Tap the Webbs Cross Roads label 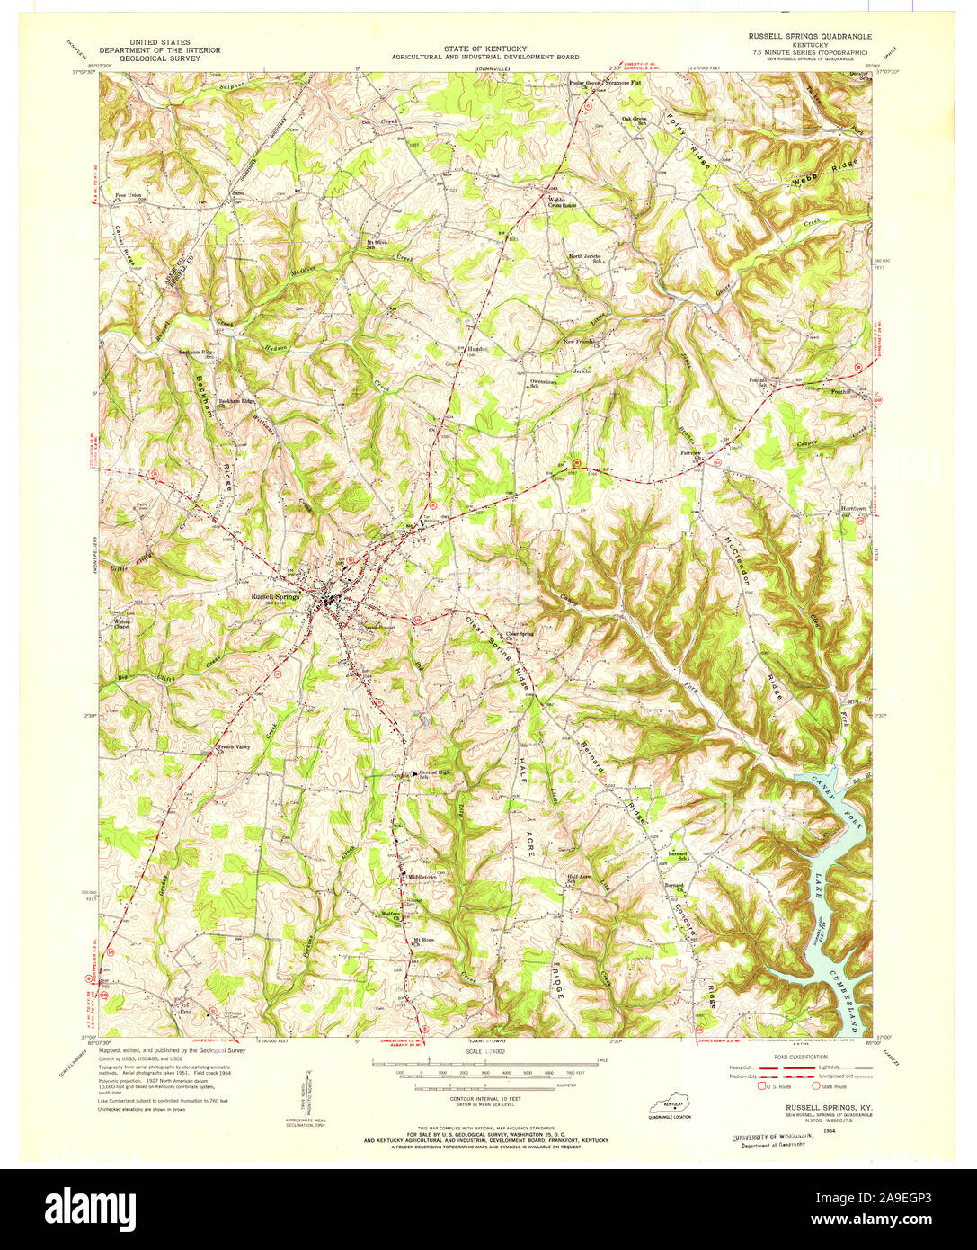pyautogui.click(x=563, y=201)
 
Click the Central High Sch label pyautogui.click(x=435, y=774)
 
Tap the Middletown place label pyautogui.click(x=422, y=876)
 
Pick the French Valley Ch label pyautogui.click(x=233, y=748)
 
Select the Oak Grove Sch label pyautogui.click(x=635, y=120)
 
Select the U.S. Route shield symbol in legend pyautogui.click(x=760, y=1085)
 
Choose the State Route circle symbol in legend pyautogui.click(x=816, y=1085)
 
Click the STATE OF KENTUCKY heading pyautogui.click(x=484, y=49)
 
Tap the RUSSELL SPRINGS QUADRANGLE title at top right pyautogui.click(x=803, y=35)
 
